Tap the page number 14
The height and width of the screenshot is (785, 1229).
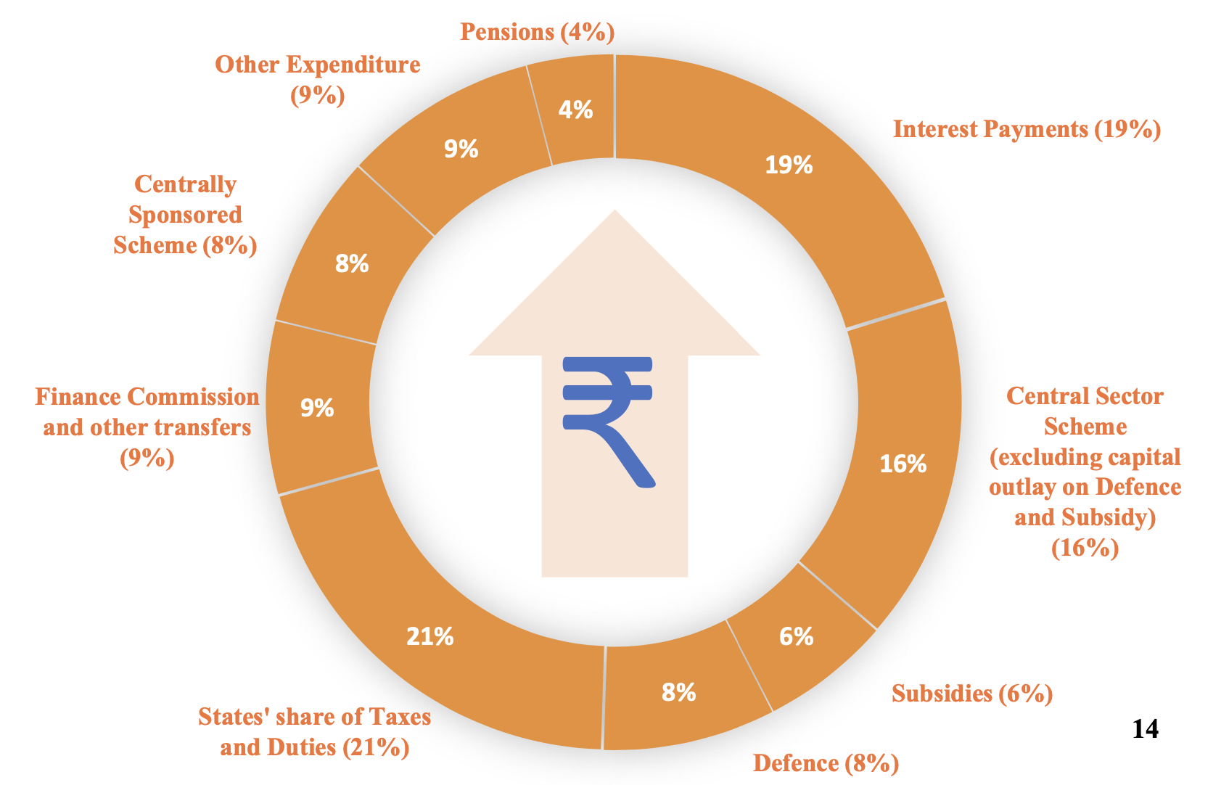[1146, 728]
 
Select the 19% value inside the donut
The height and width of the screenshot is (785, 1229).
[789, 165]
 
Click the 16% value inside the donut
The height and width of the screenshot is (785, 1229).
[903, 464]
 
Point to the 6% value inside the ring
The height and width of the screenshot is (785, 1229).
[797, 636]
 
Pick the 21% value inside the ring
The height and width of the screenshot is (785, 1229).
[430, 637]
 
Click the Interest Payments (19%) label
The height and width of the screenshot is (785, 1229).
[1027, 129]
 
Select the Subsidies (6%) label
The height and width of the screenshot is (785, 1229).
[972, 694]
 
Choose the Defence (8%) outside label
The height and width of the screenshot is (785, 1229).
[826, 763]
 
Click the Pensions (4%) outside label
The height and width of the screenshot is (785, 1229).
[538, 32]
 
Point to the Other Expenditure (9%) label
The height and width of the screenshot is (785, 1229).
[318, 79]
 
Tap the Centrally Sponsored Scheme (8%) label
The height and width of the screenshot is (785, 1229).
[185, 215]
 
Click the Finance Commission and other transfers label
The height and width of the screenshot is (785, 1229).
[147, 427]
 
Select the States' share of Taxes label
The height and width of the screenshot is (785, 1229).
[315, 732]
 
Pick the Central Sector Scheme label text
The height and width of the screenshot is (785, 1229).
[1085, 472]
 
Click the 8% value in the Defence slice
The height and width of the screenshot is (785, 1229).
[679, 692]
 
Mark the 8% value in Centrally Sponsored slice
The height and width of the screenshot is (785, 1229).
[352, 263]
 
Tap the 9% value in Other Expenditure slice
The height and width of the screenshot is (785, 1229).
[461, 149]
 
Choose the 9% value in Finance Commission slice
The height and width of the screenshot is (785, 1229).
[318, 408]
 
